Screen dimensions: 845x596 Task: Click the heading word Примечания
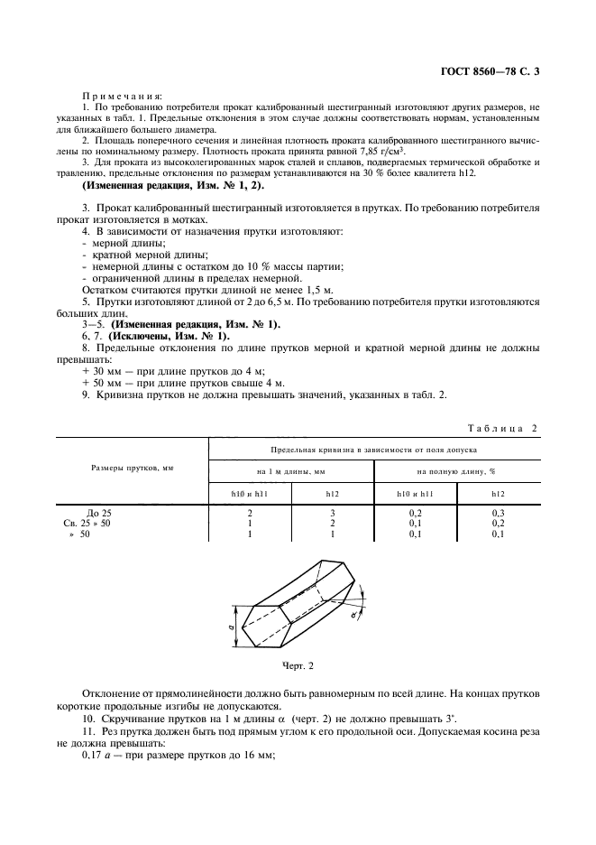(123, 96)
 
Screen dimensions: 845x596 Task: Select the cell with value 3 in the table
(334, 513)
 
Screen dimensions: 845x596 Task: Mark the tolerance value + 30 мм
(96, 371)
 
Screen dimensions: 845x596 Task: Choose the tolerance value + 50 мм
(96, 383)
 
